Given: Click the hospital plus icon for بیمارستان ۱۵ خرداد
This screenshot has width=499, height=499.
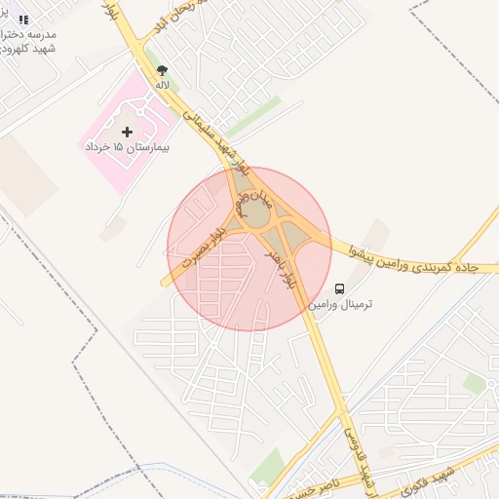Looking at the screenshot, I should tap(127, 131).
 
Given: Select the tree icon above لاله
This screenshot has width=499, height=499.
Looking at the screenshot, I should tap(162, 70).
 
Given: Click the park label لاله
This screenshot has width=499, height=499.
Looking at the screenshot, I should tap(162, 85).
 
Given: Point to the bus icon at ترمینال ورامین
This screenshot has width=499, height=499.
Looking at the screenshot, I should tap(340, 288).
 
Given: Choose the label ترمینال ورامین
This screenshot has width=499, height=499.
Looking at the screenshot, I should tap(340, 304).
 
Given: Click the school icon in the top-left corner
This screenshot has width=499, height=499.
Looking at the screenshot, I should tap(24, 19).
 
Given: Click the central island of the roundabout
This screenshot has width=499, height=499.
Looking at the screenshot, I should tap(255, 215).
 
